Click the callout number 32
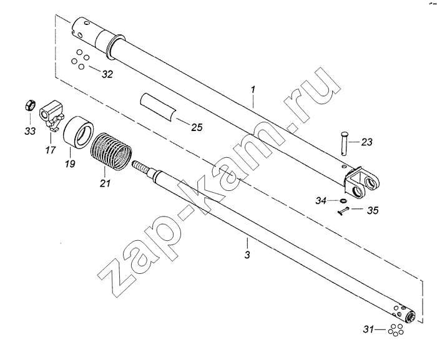pos(107,74)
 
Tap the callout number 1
pos(253,90)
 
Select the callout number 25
pos(197,127)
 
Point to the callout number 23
pos(366,142)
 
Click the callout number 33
pos(30,130)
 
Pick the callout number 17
pos(51,150)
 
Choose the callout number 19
pos(70,163)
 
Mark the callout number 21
pos(105,183)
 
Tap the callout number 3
pos(247,255)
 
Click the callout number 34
pos(321,200)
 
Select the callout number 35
pos(373,210)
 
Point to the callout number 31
pos(368,329)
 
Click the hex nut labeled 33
pos(29,105)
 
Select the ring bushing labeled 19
pos(78,132)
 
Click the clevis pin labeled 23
pos(343,143)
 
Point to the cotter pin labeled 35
pos(343,211)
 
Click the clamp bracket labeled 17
pos(52,115)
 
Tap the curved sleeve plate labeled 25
pos(158,107)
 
